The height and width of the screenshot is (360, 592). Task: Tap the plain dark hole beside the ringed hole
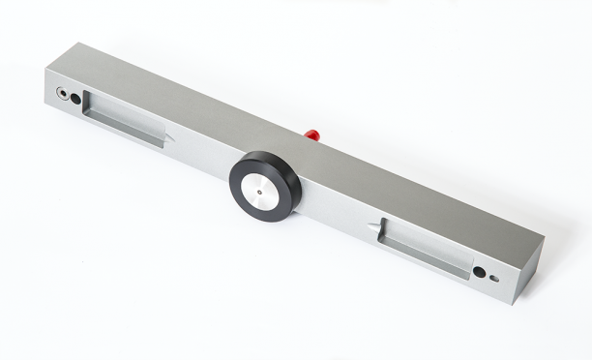click(x=75, y=99)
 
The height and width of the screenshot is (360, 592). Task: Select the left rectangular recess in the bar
click(x=124, y=119)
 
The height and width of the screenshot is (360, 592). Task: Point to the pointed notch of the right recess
click(x=371, y=229)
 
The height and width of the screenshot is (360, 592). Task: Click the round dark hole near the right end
click(x=479, y=272)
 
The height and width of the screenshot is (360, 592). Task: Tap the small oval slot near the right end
click(x=494, y=278)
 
